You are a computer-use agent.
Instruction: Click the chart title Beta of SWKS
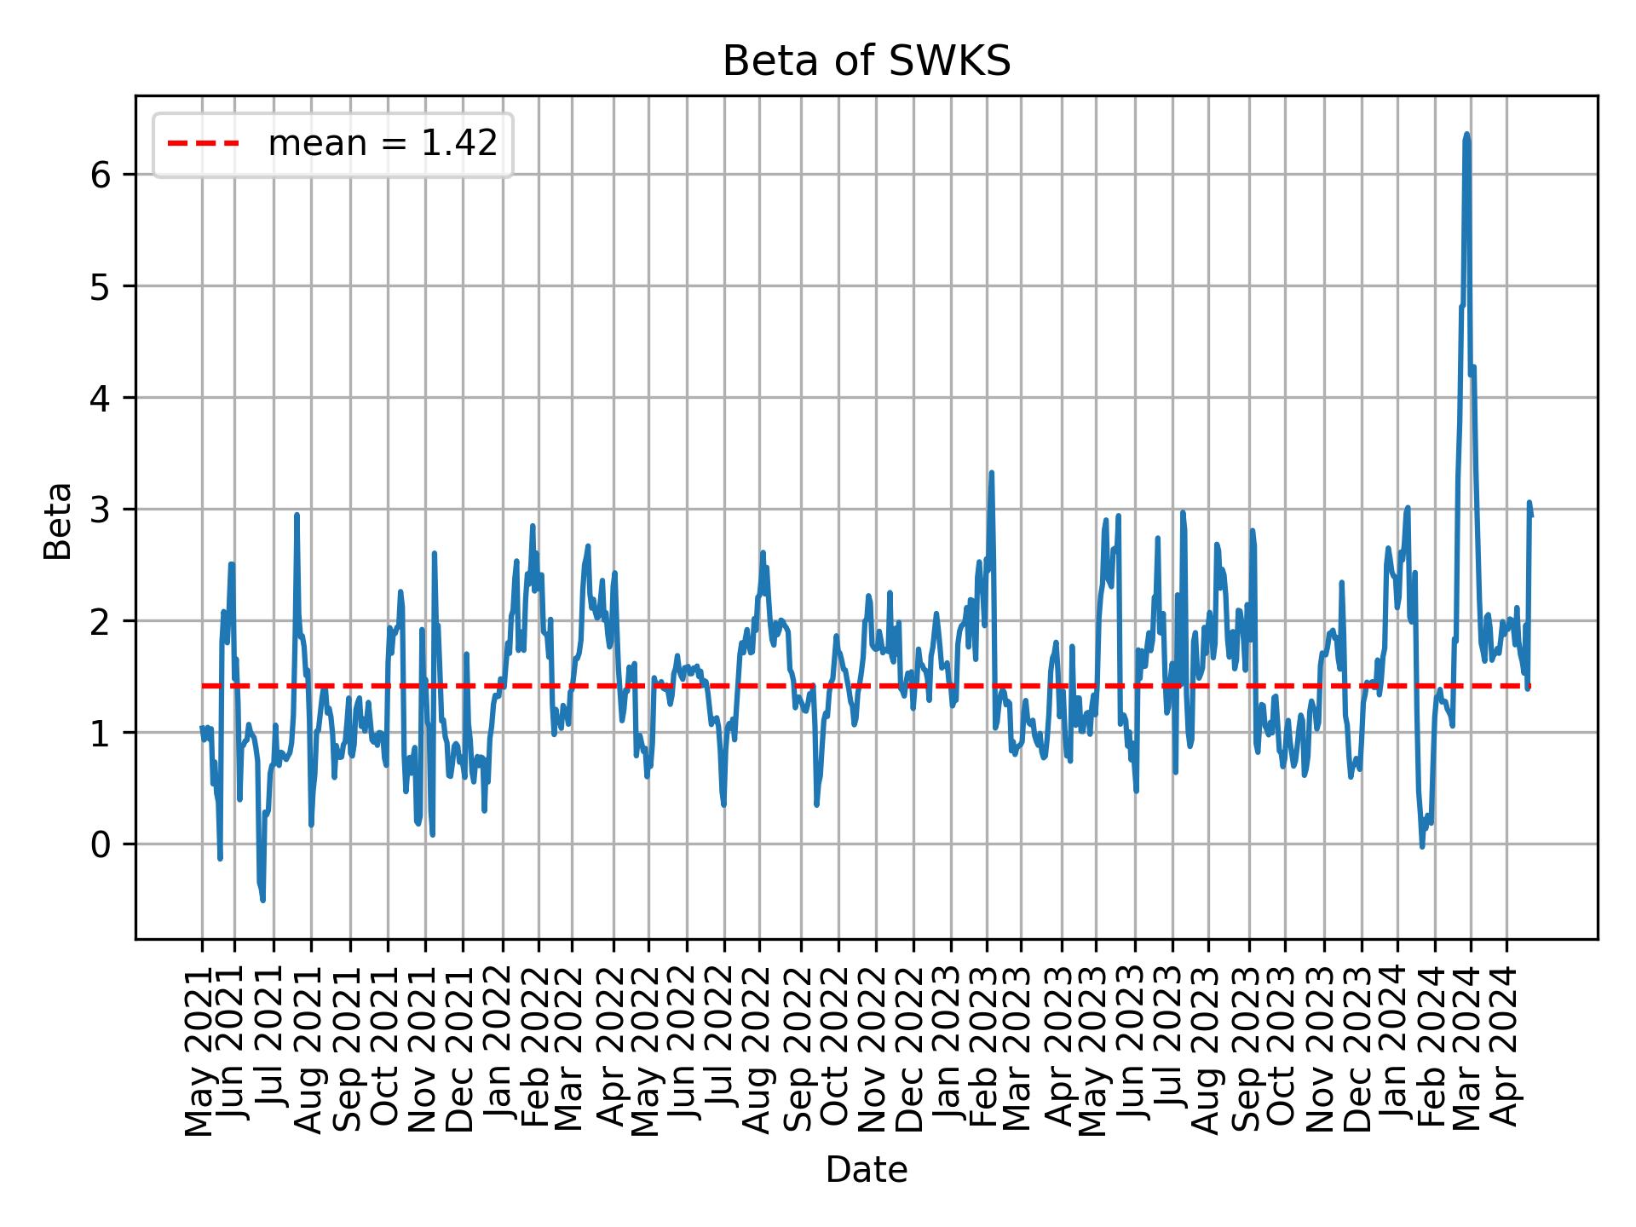(x=866, y=62)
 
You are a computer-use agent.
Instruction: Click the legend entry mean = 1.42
(x=382, y=144)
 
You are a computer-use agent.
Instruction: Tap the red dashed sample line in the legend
(x=203, y=144)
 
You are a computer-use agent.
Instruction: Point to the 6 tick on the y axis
(x=101, y=175)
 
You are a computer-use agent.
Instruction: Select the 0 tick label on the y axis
(x=101, y=844)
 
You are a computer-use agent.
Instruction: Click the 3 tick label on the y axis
(x=101, y=510)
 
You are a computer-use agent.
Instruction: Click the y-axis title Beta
(x=58, y=521)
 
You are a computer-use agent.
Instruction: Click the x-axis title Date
(x=866, y=1170)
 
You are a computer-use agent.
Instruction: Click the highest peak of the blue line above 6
(x=1466, y=135)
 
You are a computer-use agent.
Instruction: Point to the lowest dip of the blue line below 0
(x=263, y=900)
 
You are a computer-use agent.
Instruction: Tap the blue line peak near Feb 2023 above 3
(x=991, y=473)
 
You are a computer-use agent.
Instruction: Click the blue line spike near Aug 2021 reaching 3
(x=297, y=515)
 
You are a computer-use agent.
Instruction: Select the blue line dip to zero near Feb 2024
(x=1421, y=845)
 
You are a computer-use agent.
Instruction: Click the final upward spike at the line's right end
(x=1529, y=503)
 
